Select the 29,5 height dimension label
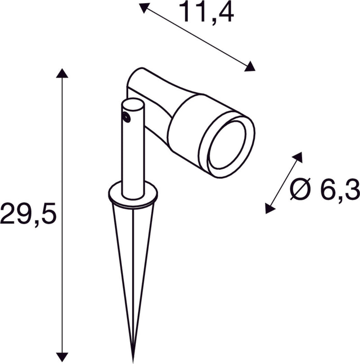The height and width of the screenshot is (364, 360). [28, 214]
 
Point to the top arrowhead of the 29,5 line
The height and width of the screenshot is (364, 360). [62, 73]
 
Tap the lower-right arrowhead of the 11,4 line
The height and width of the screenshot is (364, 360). [250, 67]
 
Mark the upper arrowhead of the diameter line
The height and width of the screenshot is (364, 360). [298, 157]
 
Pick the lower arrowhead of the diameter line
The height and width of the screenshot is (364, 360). [270, 208]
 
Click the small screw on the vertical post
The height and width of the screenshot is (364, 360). [127, 118]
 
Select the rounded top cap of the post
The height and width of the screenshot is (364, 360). [133, 106]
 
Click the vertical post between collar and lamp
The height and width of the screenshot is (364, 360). [133, 157]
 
